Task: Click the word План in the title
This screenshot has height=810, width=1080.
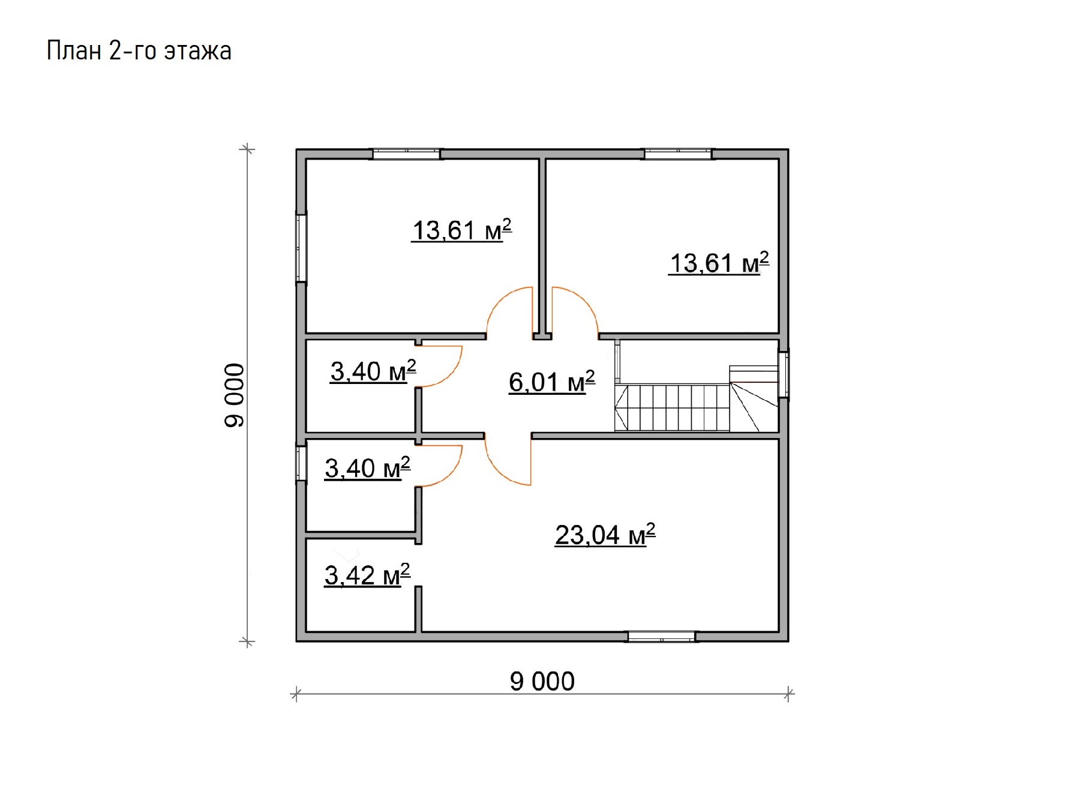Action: [x=74, y=51]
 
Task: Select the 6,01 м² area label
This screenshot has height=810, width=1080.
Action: [x=552, y=382]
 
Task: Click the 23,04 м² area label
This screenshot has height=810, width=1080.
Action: [x=605, y=535]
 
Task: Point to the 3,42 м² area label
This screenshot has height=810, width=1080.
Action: [x=367, y=575]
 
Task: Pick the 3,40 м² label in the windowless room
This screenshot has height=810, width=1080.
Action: [x=373, y=371]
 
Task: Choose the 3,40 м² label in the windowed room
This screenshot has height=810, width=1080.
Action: [x=368, y=468]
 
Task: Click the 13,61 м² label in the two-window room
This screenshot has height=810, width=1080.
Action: [x=461, y=230]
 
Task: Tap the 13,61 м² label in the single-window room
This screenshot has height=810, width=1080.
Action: [x=719, y=263]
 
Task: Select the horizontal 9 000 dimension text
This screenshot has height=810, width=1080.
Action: [x=542, y=681]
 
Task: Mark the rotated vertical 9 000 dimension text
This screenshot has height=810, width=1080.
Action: [x=235, y=395]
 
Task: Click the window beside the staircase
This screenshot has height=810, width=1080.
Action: [x=784, y=374]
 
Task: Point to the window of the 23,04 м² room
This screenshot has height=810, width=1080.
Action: [x=661, y=637]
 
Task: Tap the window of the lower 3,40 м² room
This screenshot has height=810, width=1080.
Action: [x=301, y=463]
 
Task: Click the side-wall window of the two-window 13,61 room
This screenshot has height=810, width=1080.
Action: [x=301, y=248]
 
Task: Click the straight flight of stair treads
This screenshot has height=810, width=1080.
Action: [x=672, y=408]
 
